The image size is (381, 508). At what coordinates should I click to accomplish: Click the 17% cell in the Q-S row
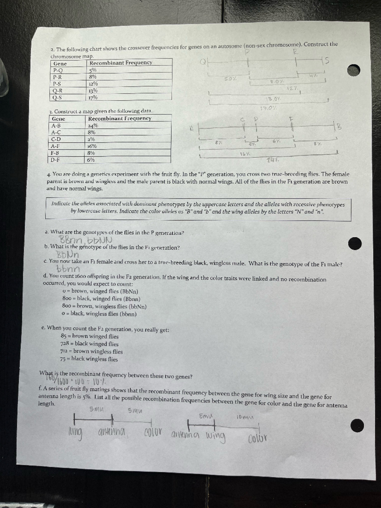93,97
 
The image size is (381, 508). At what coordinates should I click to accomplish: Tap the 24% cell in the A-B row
93,125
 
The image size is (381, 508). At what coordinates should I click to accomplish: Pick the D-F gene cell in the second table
56,160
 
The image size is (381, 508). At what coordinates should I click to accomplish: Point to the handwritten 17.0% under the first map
268,109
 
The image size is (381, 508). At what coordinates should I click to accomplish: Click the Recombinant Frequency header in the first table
121,63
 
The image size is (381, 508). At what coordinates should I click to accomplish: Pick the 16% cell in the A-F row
92,146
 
